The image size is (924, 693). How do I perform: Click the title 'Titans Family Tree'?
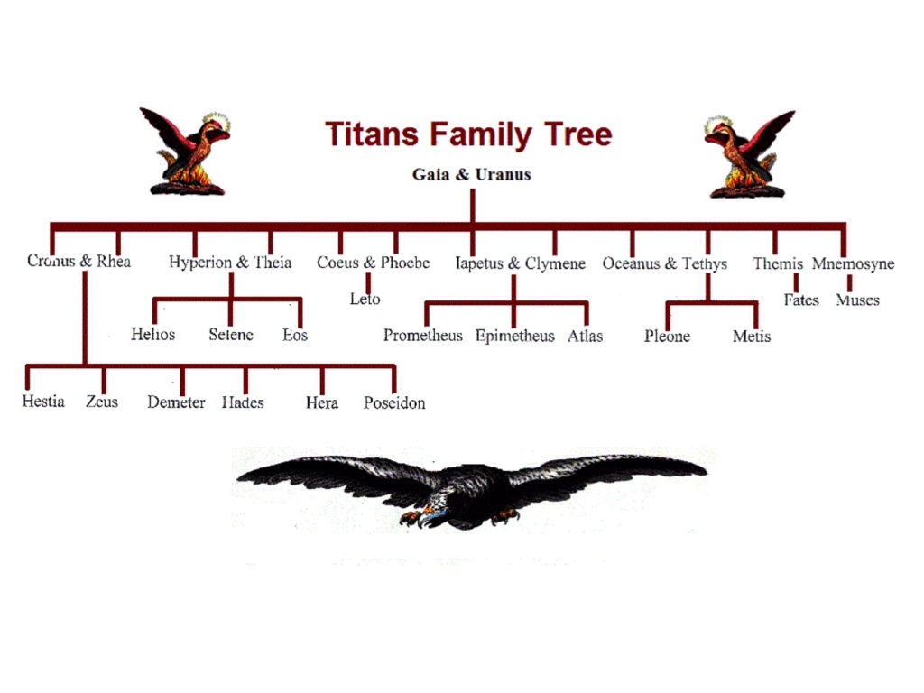(468, 135)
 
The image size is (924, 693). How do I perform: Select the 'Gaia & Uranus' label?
(471, 174)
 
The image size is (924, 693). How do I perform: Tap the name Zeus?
(102, 402)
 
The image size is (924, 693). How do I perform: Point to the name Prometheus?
(422, 336)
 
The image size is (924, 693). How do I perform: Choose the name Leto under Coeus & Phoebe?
(365, 299)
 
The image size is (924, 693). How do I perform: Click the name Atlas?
(585, 336)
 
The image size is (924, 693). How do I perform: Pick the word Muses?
(857, 300)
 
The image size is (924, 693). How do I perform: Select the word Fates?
(800, 300)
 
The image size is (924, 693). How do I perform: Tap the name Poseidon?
(394, 402)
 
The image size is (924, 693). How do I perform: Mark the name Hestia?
(43, 402)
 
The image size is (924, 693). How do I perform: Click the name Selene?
(231, 335)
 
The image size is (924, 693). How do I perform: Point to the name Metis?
(752, 337)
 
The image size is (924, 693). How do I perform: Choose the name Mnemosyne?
(853, 263)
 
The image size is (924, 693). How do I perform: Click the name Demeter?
(176, 402)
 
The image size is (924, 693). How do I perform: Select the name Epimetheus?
(514, 336)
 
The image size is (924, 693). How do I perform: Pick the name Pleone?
(667, 337)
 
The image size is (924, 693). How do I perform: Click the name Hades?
(243, 402)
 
